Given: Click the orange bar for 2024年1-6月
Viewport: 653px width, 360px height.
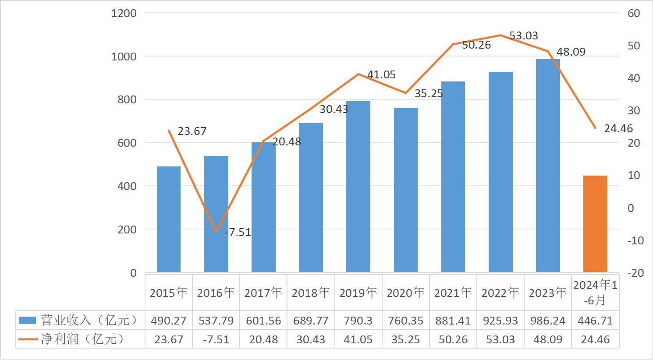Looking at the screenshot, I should (x=595, y=224).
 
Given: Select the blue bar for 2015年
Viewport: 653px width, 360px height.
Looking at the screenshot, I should (x=169, y=219).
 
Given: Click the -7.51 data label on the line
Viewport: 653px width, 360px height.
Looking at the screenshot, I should (x=238, y=233).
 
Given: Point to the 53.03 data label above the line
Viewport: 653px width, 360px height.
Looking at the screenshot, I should (x=524, y=36).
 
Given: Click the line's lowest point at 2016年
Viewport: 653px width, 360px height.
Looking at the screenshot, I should (x=216, y=231).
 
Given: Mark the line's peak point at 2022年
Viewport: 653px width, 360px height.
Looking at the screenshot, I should (x=500, y=35).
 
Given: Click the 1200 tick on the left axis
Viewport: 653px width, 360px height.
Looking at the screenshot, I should (x=124, y=14).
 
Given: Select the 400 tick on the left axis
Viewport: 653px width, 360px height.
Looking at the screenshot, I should (x=127, y=186).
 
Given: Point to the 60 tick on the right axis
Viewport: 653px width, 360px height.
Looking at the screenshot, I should (x=634, y=14).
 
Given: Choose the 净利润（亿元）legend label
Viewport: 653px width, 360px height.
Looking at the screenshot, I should (x=82, y=339).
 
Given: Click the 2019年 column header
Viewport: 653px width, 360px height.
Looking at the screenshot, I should (x=358, y=293).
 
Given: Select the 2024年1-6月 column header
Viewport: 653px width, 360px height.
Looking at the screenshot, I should (x=595, y=293).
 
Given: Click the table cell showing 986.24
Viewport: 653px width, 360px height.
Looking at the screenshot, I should (x=548, y=321).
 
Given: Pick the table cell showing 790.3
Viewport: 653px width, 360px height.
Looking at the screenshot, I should (x=358, y=321).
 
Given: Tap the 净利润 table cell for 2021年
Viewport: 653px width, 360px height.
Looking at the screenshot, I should (x=453, y=340).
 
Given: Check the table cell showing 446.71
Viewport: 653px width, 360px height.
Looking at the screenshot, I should (x=595, y=321).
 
